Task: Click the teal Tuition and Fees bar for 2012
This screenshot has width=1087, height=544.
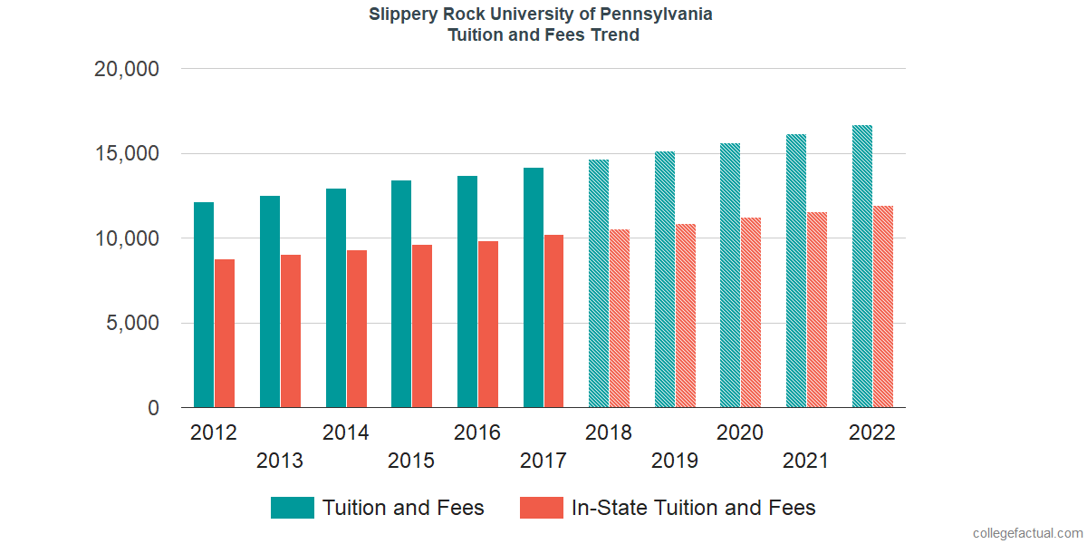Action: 204,305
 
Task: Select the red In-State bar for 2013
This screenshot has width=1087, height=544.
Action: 291,331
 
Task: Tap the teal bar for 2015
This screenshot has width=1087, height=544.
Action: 401,294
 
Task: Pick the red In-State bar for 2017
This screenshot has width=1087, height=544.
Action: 554,321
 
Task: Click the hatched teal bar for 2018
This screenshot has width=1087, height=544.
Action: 599,284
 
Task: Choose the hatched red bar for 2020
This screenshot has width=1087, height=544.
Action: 752,313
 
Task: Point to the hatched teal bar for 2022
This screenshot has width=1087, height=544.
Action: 862,267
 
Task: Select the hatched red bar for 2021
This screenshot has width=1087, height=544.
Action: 818,310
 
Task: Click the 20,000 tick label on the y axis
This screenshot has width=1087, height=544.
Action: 127,69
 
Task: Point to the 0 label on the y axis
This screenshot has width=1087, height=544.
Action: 154,409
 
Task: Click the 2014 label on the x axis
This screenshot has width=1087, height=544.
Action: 346,432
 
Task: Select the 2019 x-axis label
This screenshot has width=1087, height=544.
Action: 675,461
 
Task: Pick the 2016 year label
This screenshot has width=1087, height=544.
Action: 477,432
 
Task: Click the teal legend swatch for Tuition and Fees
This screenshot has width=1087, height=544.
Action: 293,508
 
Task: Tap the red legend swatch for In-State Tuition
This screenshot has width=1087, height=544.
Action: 542,508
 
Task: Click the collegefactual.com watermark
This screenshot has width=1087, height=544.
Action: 1027,533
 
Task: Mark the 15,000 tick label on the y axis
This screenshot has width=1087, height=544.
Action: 127,154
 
